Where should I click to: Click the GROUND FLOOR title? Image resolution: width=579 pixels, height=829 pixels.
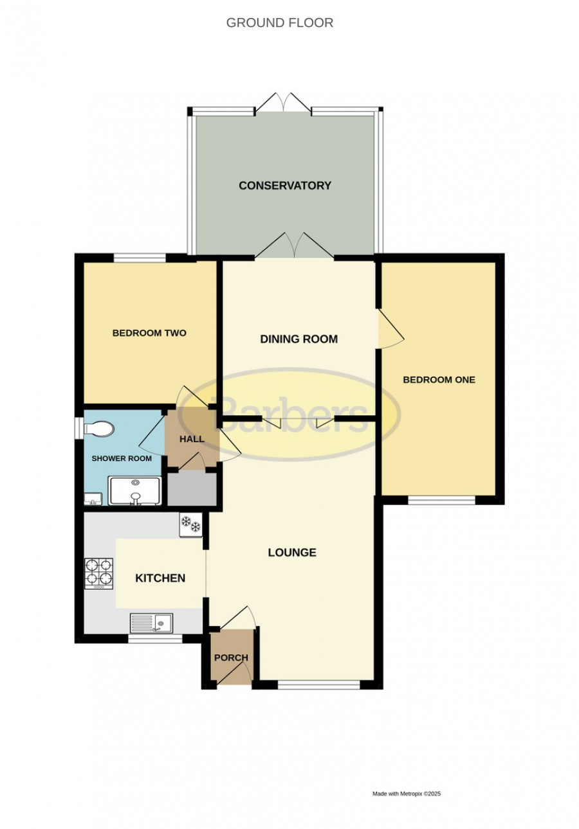[280, 23]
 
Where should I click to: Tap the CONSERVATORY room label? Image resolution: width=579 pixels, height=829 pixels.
[285, 186]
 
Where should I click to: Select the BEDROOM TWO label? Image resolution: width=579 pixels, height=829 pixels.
[149, 333]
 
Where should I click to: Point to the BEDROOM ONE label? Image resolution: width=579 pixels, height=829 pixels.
[439, 380]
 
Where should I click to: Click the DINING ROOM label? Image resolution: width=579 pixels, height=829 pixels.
[299, 339]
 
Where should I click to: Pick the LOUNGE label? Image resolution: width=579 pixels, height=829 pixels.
[292, 553]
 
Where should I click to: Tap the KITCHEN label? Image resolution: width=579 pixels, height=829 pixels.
[160, 578]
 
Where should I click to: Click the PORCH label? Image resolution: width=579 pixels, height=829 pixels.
[231, 657]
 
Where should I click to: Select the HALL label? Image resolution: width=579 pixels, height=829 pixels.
[192, 439]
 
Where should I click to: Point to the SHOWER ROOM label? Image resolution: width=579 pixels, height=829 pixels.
[122, 459]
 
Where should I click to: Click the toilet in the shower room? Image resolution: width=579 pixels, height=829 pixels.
[98, 429]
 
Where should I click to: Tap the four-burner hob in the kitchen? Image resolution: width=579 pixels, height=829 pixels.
[99, 573]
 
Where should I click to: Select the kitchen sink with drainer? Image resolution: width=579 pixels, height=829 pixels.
[152, 623]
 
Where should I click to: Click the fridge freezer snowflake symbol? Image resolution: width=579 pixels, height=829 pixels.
[191, 524]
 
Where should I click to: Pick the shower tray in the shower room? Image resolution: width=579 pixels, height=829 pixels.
[135, 491]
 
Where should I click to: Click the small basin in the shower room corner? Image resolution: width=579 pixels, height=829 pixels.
[93, 499]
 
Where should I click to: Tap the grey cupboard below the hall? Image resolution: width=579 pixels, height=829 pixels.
[192, 488]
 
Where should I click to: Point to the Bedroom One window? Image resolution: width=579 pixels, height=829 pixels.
[441, 501]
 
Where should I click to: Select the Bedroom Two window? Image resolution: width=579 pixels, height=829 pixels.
[140, 258]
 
